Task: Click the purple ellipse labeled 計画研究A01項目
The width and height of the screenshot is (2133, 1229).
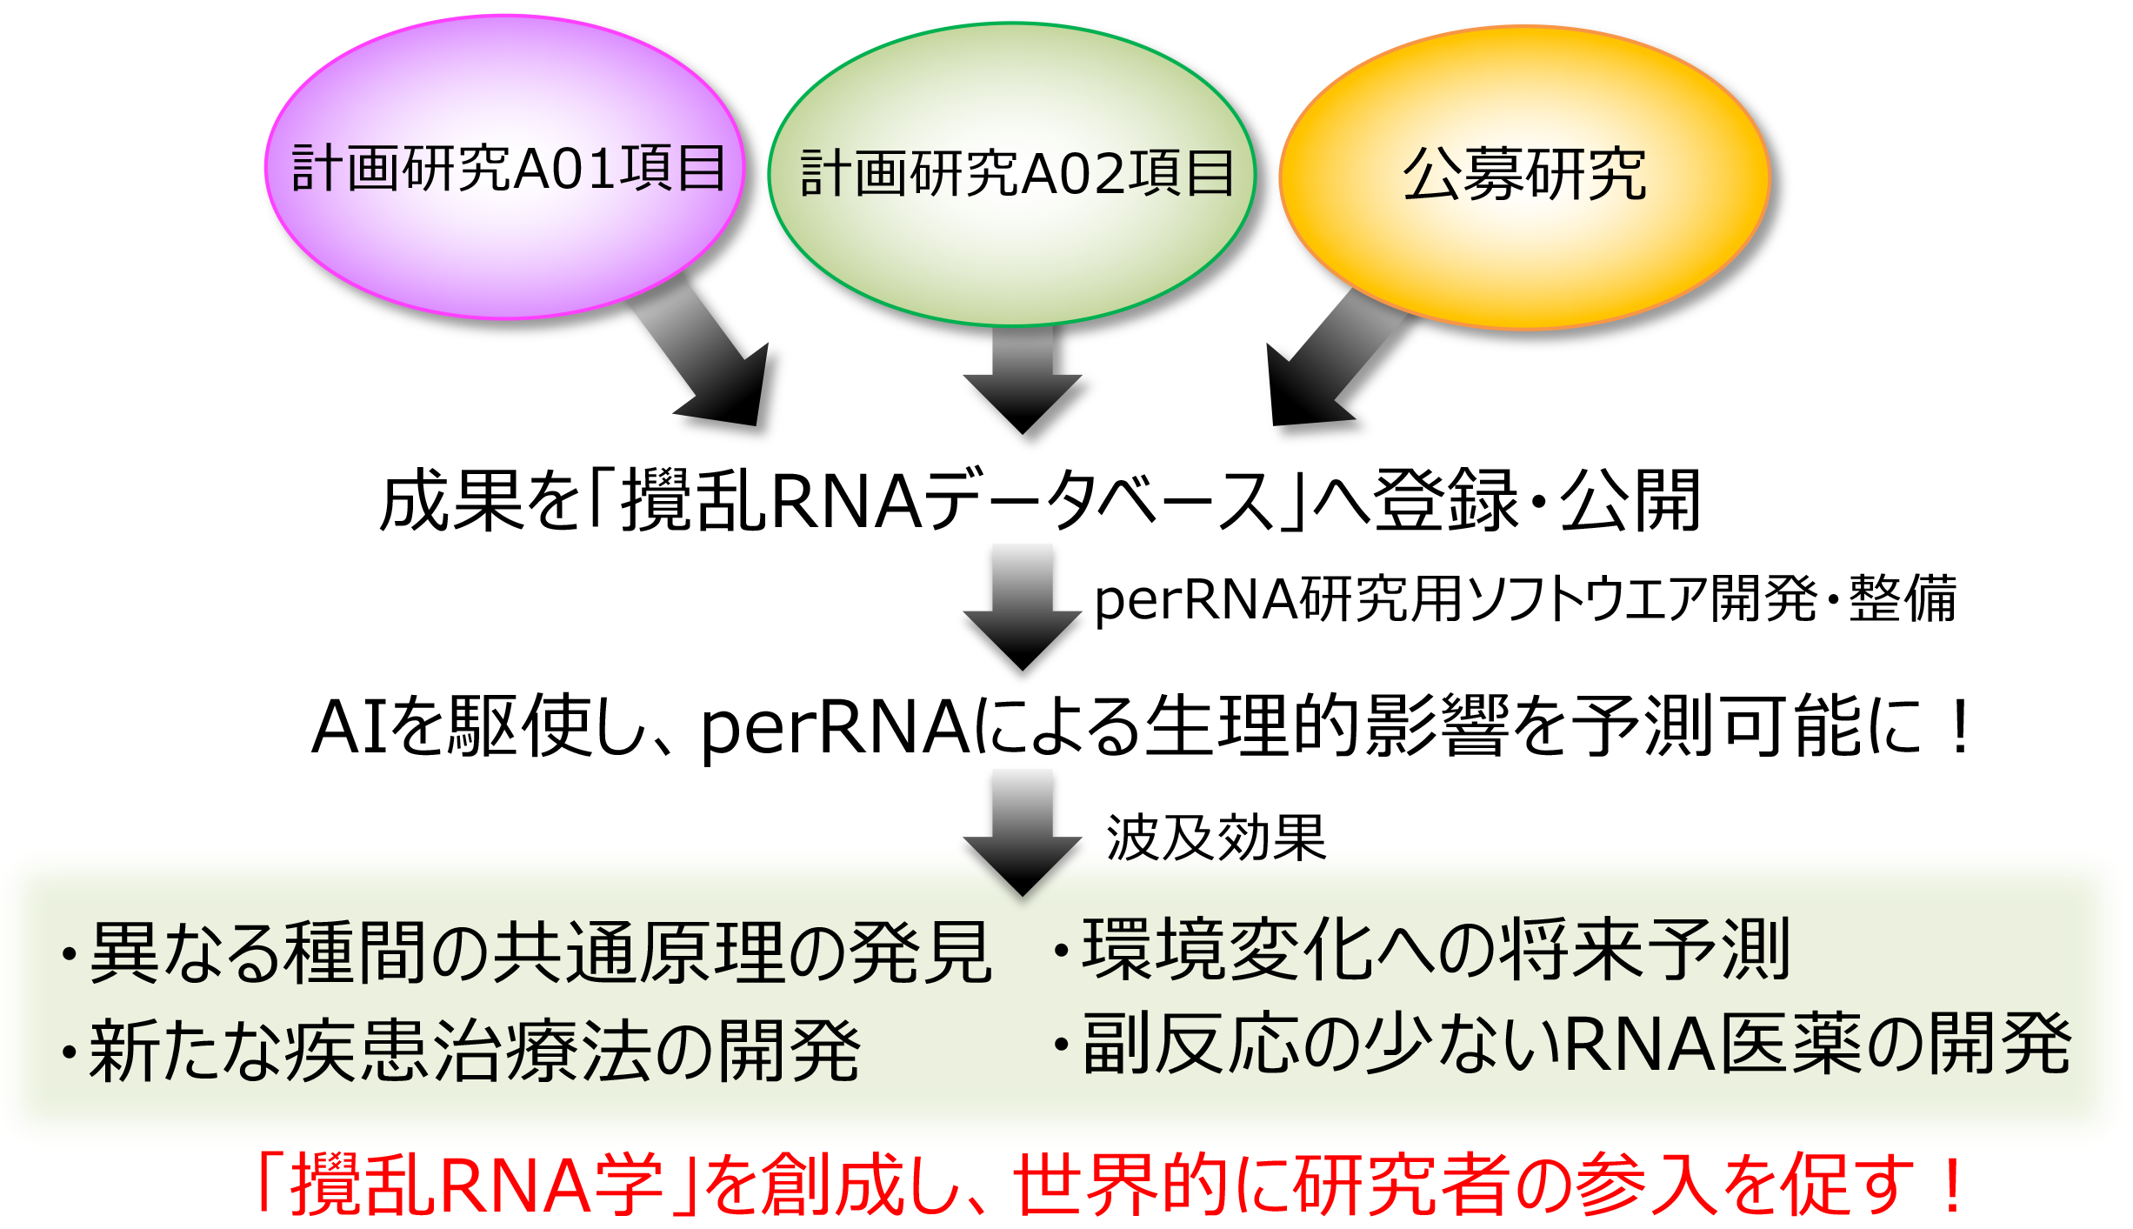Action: tap(504, 167)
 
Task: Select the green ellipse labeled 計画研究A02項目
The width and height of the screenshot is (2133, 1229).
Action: tap(1012, 174)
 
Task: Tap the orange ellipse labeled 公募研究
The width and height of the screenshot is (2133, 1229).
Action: tap(1525, 177)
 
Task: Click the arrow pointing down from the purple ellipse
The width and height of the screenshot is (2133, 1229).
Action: tap(704, 352)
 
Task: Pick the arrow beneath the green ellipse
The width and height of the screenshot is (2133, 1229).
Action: tap(1023, 379)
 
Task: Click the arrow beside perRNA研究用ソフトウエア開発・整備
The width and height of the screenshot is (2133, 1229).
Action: tap(1023, 607)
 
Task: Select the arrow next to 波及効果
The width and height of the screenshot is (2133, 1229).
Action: tap(1023, 833)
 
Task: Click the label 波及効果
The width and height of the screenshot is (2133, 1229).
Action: tap(1216, 838)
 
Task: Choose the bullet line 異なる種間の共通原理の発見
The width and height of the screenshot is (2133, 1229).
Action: tap(526, 952)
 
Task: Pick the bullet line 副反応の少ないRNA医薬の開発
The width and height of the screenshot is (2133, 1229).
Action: tap(1561, 1043)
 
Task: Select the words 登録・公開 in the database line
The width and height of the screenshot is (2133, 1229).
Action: tap(1536, 500)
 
